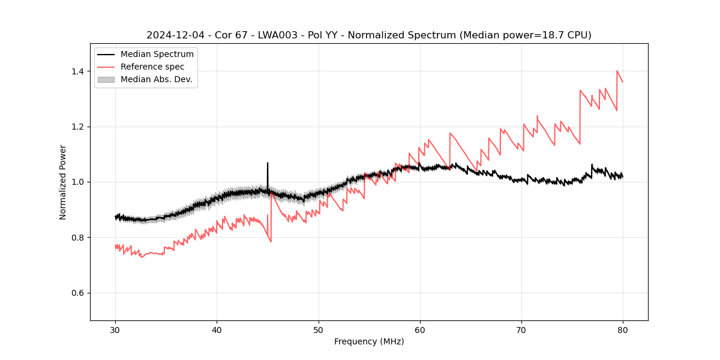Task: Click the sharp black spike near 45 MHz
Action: pyautogui.click(x=268, y=163)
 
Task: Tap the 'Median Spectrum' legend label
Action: pyautogui.click(x=157, y=55)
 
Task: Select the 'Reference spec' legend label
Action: pyautogui.click(x=152, y=67)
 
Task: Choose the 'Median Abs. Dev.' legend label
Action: pyautogui.click(x=157, y=79)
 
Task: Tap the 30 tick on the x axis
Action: pyautogui.click(x=115, y=330)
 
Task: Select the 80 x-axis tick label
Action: pyautogui.click(x=623, y=330)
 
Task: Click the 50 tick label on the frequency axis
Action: pyautogui.click(x=318, y=330)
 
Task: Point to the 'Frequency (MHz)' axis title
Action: pyautogui.click(x=369, y=341)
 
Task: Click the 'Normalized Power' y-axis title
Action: pyautogui.click(x=63, y=182)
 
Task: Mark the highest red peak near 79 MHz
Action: pyautogui.click(x=617, y=71)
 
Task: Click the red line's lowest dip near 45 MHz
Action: pyautogui.click(x=271, y=241)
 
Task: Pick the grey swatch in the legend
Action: pyautogui.click(x=106, y=79)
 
